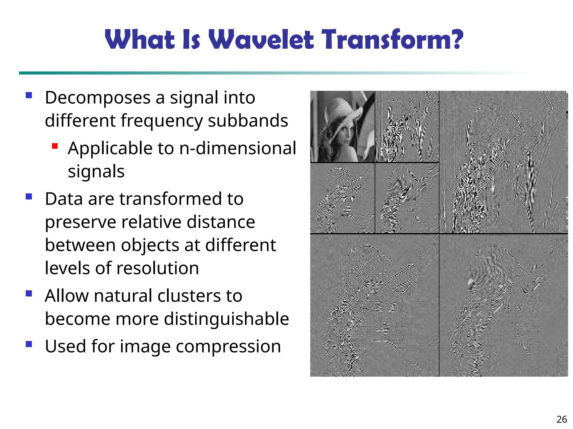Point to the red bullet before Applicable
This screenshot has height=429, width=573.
pos(55,146)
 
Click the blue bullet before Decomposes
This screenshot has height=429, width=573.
pos(29,96)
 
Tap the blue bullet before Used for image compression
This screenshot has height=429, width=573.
pos(29,344)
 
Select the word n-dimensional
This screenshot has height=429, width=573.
pos(238,148)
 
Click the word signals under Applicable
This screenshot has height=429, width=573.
pos(96,171)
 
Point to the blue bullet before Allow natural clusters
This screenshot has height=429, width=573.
pos(29,293)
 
